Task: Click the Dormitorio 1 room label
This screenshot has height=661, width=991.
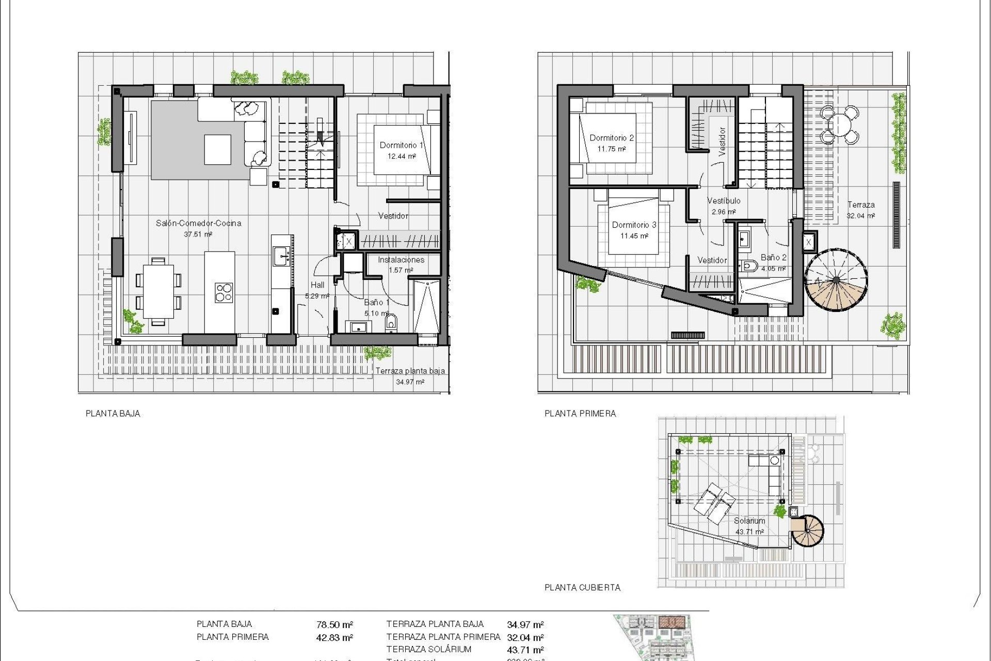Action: (x=401, y=145)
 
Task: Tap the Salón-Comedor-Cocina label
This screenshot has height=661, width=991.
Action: (x=198, y=223)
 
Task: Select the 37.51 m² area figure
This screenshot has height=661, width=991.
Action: (x=198, y=234)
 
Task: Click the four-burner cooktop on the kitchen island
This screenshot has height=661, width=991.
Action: (x=223, y=292)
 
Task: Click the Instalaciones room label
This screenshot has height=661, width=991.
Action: (x=401, y=260)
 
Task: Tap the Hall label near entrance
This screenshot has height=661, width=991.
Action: (x=317, y=285)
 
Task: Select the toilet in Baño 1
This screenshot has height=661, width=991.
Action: (x=391, y=322)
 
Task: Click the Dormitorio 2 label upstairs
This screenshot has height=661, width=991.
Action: (x=612, y=138)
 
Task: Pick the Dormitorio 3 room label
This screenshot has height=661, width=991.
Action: (x=634, y=225)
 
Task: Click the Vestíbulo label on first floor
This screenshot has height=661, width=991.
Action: (x=724, y=200)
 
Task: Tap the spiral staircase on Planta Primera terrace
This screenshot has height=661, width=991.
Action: (x=836, y=280)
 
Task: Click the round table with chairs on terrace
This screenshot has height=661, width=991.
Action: (x=840, y=124)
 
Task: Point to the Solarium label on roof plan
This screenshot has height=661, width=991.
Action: (x=749, y=521)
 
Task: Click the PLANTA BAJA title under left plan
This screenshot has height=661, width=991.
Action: (x=113, y=413)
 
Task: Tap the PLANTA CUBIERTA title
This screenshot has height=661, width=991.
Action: (x=582, y=587)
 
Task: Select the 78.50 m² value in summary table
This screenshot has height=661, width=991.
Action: (x=334, y=625)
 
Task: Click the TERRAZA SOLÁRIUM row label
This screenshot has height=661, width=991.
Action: (x=428, y=650)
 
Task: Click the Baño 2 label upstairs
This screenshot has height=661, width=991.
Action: (x=773, y=257)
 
